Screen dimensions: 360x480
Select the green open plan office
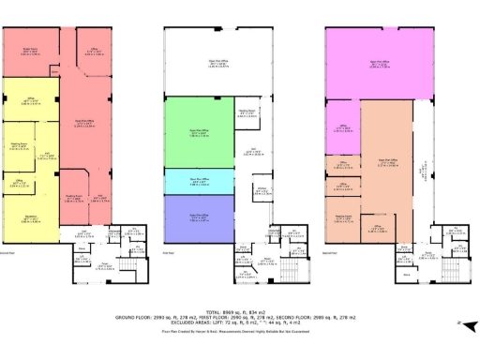(198, 134)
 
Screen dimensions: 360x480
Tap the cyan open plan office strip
(198, 183)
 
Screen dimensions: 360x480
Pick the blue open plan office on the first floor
(198, 218)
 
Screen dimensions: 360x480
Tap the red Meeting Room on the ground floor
(69, 199)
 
